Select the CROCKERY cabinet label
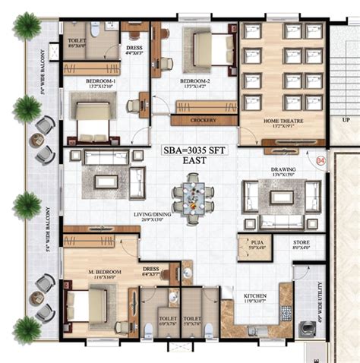coord(201,120)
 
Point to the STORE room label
coord(302,244)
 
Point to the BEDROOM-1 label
coord(90,79)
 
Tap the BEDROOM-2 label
coord(192,79)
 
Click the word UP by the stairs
coord(345,121)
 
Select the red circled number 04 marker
coord(321,161)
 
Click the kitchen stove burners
coord(286,311)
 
